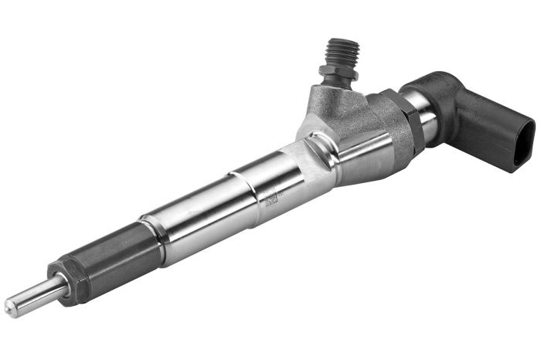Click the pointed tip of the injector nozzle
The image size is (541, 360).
point(10,308)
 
